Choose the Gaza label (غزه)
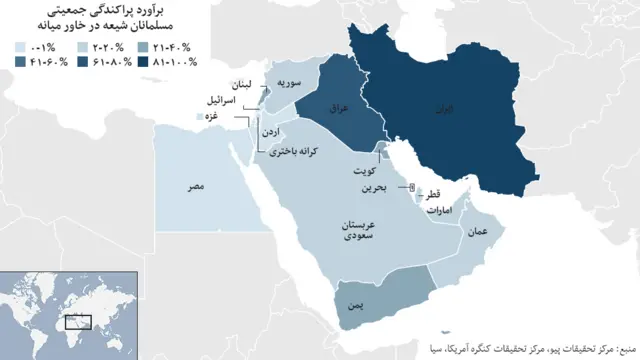(212, 117)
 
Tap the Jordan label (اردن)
(284, 131)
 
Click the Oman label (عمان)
(477, 231)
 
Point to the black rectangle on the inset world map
(78, 322)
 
